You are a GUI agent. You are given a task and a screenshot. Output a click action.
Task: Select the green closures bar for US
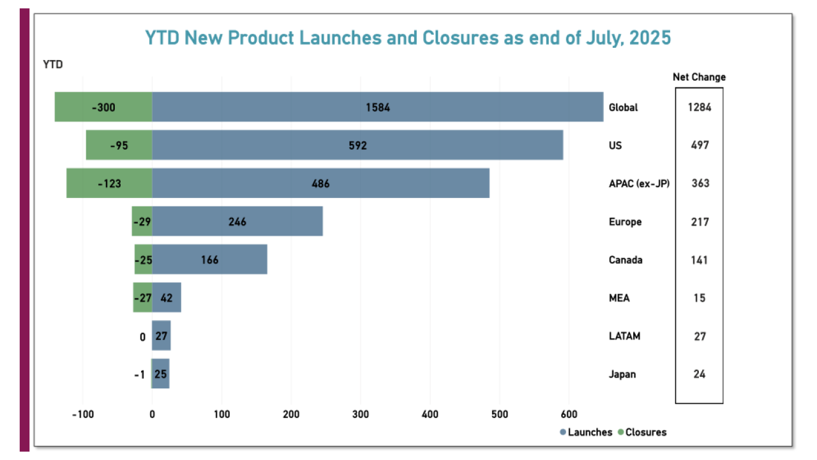(119, 145)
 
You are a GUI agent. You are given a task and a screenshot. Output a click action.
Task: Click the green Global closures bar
(103, 107)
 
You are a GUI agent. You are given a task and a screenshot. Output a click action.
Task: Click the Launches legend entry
(586, 432)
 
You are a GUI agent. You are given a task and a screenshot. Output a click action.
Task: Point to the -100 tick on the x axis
(82, 414)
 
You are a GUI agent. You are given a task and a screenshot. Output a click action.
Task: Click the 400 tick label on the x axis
(430, 414)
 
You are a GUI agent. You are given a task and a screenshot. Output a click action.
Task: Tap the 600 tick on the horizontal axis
(569, 414)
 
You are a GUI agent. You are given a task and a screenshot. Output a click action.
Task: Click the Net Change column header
(699, 77)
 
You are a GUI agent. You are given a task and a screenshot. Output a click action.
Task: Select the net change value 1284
(699, 107)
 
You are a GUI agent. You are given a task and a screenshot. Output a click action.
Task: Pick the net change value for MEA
(699, 298)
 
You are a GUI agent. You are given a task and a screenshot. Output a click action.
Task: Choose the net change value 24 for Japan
(699, 374)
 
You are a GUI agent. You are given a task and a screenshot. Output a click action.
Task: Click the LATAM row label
(624, 336)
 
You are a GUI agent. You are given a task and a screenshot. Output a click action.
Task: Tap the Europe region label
(625, 222)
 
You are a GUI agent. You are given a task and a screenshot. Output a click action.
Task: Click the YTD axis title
(52, 64)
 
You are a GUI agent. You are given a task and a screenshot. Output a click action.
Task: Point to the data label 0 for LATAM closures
(142, 337)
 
